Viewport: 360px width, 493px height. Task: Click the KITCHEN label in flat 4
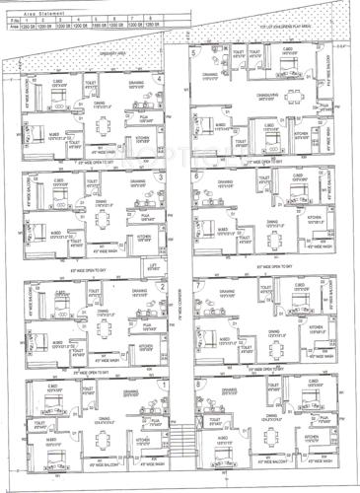pyautogui.click(x=140, y=138)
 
